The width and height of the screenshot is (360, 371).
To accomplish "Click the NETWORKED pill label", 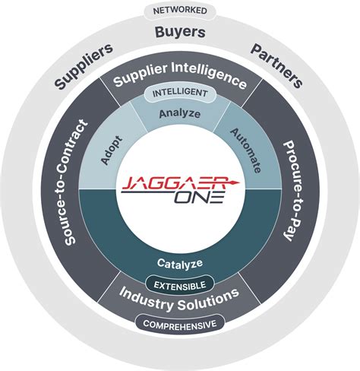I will pos(179,11).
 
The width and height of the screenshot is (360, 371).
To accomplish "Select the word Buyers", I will pos(180,33).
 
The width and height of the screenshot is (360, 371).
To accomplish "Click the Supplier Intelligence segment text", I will pos(180,81).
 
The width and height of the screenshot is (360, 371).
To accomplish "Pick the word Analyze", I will pos(180,114).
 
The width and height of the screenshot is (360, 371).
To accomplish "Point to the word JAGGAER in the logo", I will pos(172,182).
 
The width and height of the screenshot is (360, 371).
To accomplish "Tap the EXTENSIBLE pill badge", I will pos(180,285).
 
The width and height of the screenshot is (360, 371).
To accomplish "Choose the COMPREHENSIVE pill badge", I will pos(180,324).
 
